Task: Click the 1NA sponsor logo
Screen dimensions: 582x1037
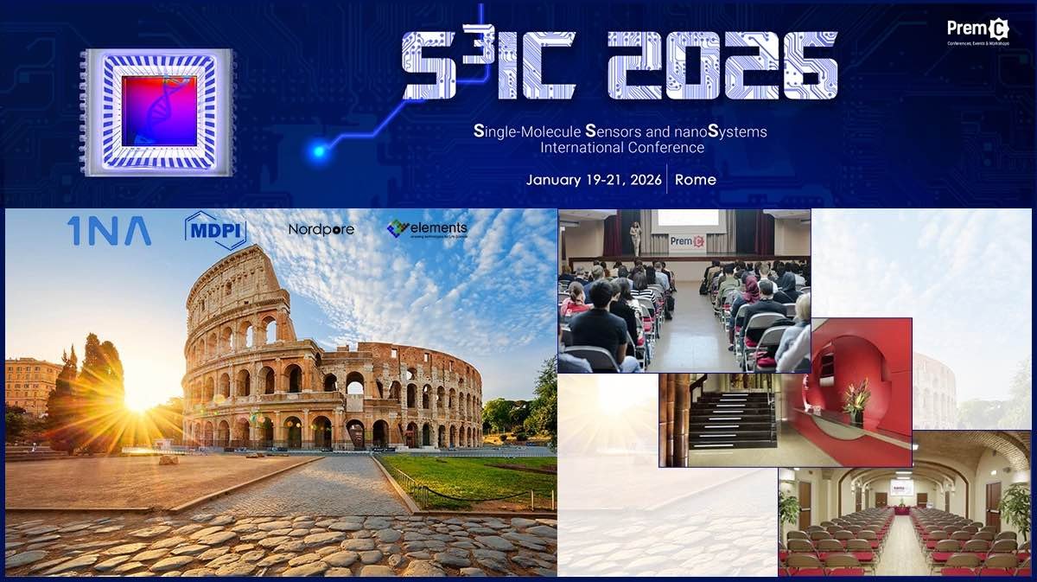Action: [x=109, y=231]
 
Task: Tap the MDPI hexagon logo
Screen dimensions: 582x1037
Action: [x=216, y=231]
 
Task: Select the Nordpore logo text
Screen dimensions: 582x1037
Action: [x=321, y=230]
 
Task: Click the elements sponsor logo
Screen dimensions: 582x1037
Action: [x=427, y=228]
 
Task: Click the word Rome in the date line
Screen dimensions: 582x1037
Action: [x=695, y=180]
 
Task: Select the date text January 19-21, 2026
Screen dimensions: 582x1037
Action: [x=594, y=180]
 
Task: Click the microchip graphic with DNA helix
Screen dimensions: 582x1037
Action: [x=158, y=111]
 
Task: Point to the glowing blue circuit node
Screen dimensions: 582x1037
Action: [x=319, y=152]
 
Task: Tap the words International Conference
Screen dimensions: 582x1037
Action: [x=621, y=148]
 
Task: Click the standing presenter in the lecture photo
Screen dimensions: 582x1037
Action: [x=636, y=238]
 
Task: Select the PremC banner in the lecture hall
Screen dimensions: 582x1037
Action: [x=688, y=243]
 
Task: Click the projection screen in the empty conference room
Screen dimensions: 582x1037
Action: [x=900, y=488]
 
